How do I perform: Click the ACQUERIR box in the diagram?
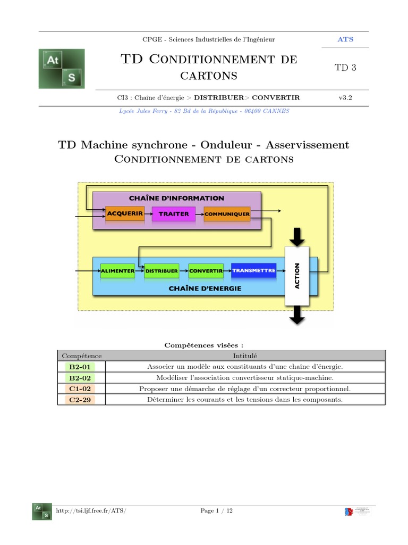[125, 214]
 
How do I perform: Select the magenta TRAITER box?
[174, 214]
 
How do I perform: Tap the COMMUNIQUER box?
[227, 214]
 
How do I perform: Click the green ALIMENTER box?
[118, 270]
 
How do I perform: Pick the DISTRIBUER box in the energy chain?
[161, 270]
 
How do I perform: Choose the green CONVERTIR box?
[206, 270]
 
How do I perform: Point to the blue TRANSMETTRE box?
[253, 270]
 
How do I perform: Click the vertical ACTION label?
[297, 276]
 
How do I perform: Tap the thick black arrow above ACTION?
[297, 236]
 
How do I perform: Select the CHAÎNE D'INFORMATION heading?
[176, 198]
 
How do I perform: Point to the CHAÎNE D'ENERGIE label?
[205, 288]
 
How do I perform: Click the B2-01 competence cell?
[81, 367]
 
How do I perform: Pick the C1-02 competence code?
[81, 389]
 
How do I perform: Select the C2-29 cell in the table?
[81, 400]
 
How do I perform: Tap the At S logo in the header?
[62, 69]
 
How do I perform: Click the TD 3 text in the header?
[345, 68]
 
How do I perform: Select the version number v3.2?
[345, 97]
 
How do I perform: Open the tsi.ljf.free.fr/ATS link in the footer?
[91, 511]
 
